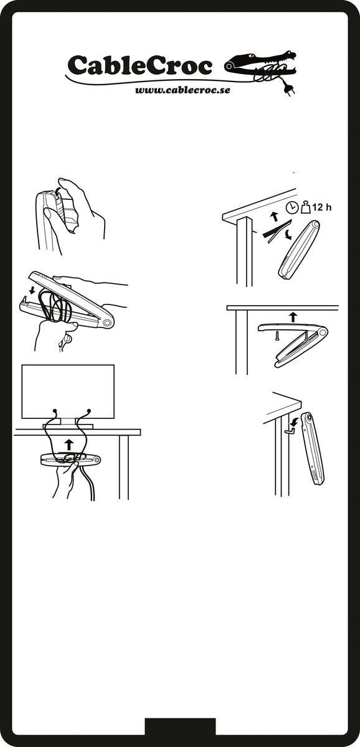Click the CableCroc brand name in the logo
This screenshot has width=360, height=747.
[x=140, y=65]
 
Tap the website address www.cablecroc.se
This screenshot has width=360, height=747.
[x=182, y=90]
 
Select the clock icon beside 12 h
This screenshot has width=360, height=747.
[x=292, y=207]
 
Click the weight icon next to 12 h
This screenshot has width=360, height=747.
[x=306, y=207]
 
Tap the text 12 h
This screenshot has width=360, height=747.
[x=322, y=207]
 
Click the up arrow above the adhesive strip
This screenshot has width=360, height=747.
[x=274, y=217]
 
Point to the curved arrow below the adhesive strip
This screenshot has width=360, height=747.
[x=287, y=235]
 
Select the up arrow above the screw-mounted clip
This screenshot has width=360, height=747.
[x=293, y=317]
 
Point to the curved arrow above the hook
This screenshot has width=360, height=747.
[x=294, y=421]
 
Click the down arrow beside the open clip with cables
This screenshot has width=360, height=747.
[x=32, y=291]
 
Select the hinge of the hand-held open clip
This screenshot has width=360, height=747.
[x=107, y=323]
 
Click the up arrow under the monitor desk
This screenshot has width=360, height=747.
[x=69, y=444]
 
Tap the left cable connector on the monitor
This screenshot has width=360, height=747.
[x=55, y=410]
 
